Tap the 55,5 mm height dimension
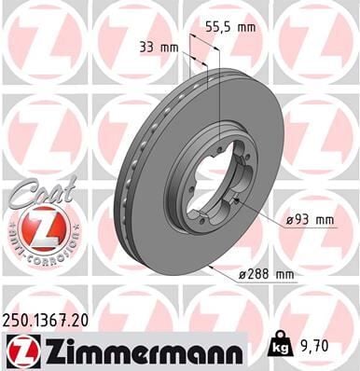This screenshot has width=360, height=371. pyautogui.click(x=232, y=28)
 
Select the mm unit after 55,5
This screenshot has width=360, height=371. pyautogui.click(x=245, y=28)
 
